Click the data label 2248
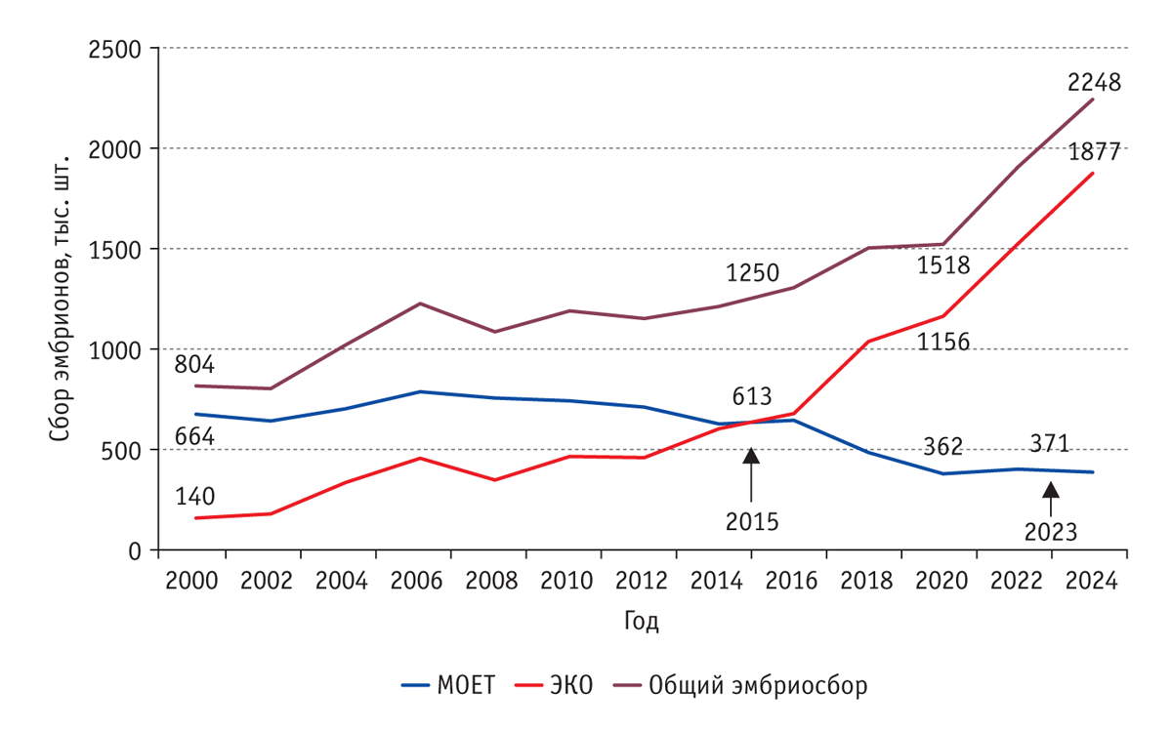coord(1094,83)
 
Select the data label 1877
coord(1094,152)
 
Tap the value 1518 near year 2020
coord(942,264)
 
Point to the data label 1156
coord(942,343)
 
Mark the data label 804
coord(194,365)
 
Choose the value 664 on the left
coord(194,436)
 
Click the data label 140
coord(194,496)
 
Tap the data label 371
coord(1049,444)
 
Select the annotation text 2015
coord(751,521)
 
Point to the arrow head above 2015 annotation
coord(751,456)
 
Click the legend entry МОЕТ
coord(448,685)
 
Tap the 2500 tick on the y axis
coord(114,48)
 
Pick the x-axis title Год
coord(640,622)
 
